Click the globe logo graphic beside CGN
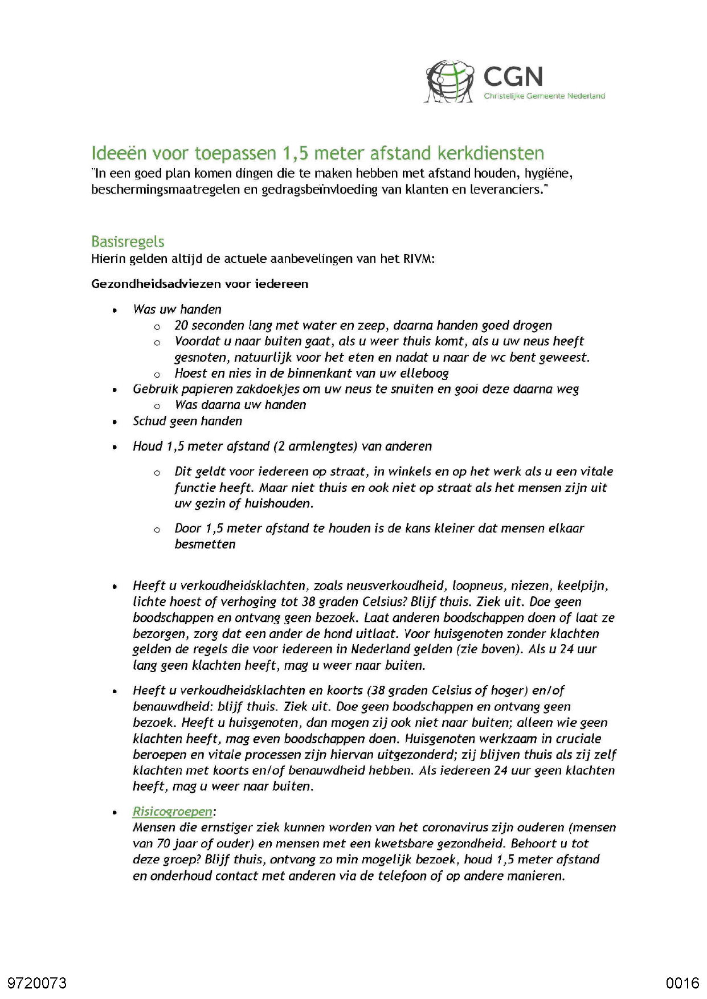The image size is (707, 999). [x=449, y=81]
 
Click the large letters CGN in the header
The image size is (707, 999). [x=513, y=77]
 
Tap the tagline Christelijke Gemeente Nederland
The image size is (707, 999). [x=544, y=96]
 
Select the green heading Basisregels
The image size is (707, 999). [x=128, y=241]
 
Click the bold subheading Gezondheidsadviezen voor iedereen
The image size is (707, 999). [x=199, y=284]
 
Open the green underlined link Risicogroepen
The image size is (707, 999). [x=172, y=812]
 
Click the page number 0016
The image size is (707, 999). [x=682, y=983]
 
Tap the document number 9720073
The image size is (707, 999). [x=37, y=983]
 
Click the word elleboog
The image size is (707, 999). [x=424, y=374]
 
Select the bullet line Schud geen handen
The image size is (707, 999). [x=187, y=421]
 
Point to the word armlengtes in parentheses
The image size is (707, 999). [x=320, y=447]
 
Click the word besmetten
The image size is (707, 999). [x=205, y=544]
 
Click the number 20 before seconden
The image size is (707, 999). [x=181, y=325]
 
